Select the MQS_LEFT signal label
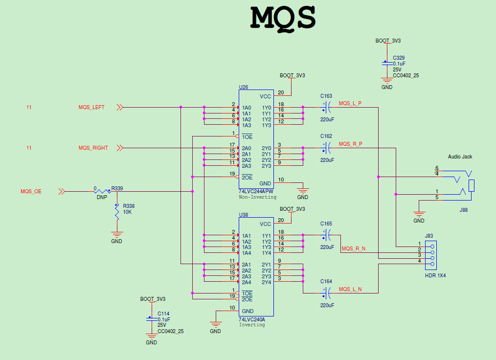tap(91, 108)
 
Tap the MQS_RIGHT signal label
tap(93, 148)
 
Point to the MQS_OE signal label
tap(31, 192)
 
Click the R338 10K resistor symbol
tap(116, 211)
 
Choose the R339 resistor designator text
tap(117, 188)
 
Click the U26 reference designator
tap(243, 87)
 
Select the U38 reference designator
tap(243, 215)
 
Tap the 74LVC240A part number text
tap(251, 319)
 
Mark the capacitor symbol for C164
tap(326, 293)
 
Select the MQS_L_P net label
tap(350, 103)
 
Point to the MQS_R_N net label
tap(353, 249)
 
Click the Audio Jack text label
tap(460, 157)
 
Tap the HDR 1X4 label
tap(435, 275)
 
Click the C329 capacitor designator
tap(398, 58)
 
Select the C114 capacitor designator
tap(163, 314)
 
